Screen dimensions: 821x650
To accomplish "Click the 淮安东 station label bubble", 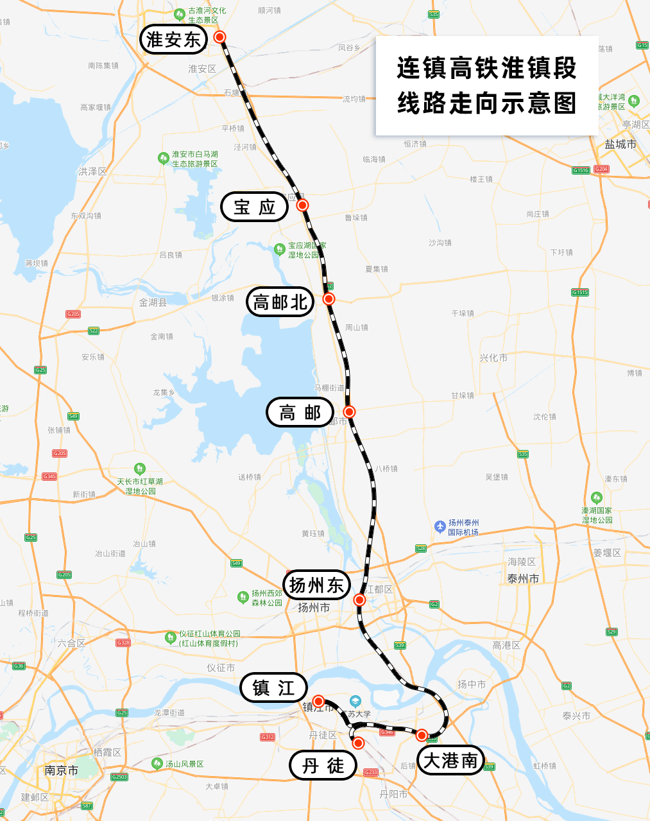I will tap(173, 40).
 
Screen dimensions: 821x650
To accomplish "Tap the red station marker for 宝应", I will tap(302, 205).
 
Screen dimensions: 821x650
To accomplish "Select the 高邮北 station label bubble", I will tap(280, 302).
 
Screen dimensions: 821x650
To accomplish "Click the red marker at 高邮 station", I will tap(349, 411).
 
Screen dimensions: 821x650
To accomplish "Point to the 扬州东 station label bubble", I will tap(316, 585).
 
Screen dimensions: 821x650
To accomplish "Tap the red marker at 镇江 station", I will tap(318, 701).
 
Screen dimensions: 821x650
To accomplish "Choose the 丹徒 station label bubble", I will tap(323, 766).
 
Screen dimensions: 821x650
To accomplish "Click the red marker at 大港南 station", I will tap(422, 735).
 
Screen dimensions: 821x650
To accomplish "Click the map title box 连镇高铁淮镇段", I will tap(486, 86).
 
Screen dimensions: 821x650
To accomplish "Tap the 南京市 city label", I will tap(62, 770).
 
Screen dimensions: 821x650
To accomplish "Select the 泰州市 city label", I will tap(523, 579).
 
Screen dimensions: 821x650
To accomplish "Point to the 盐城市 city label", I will tap(620, 144).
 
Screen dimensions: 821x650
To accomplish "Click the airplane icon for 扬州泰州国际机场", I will tap(440, 526).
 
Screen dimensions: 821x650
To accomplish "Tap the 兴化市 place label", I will tap(493, 358).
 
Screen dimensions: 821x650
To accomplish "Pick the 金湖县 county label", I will tap(153, 302).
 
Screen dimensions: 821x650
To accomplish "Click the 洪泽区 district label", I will tap(92, 171).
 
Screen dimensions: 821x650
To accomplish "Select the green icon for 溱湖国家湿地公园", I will tap(597, 498).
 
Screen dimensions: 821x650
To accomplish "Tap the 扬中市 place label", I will tap(472, 684).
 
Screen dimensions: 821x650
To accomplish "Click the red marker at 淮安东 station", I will tap(220, 37).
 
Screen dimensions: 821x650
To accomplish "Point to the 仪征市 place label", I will tap(221, 668).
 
